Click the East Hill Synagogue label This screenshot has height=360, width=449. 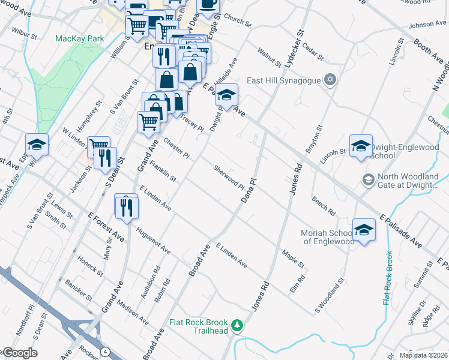[x=285, y=80]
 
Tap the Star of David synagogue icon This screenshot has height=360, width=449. [x=329, y=80]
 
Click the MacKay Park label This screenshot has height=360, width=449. [x=80, y=38]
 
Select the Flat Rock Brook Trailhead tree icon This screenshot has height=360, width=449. [x=238, y=325]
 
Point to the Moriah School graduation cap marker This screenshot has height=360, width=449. [x=364, y=230]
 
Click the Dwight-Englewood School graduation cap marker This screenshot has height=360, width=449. [x=361, y=146]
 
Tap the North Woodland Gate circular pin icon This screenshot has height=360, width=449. [x=368, y=179]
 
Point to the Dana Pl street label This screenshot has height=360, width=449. [x=249, y=190]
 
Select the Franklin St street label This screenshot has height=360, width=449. [x=163, y=172]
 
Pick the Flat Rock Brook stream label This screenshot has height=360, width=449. [x=387, y=277]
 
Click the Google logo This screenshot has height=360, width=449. [x=19, y=353]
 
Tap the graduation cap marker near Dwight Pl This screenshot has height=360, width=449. [x=227, y=95]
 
